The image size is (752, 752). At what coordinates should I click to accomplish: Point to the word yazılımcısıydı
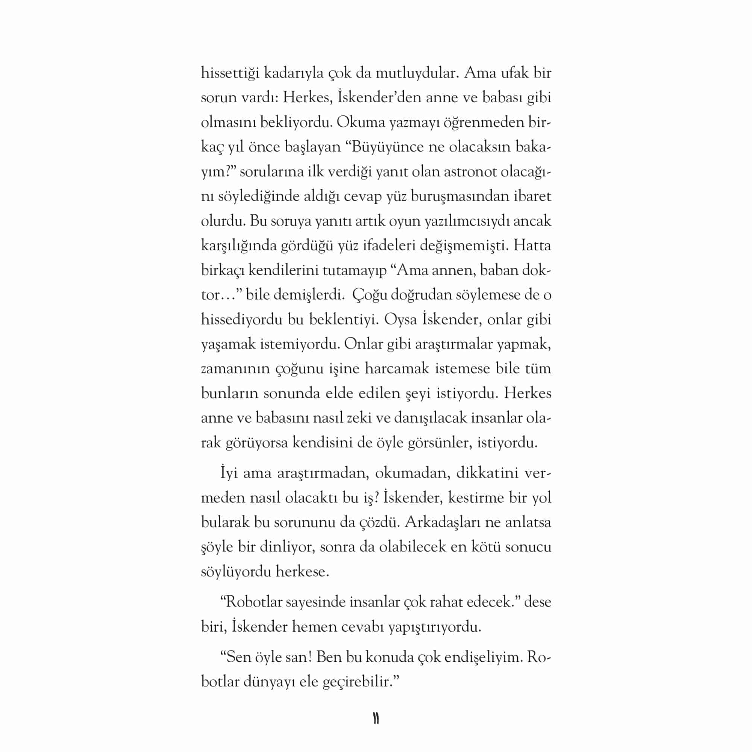click(467, 221)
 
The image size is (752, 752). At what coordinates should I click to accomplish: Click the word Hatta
click(532, 246)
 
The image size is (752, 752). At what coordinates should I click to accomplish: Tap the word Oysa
click(401, 320)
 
